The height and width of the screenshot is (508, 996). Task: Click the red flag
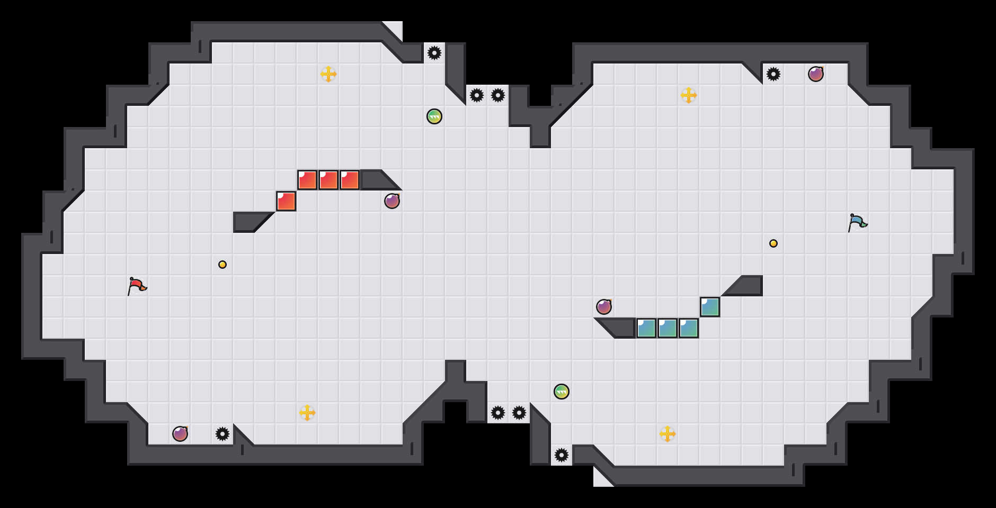(137, 286)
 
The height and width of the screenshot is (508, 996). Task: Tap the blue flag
(857, 222)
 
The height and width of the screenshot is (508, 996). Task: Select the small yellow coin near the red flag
(223, 265)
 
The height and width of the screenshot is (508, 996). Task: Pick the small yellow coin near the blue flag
(773, 243)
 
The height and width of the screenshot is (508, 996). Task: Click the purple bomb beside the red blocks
(392, 201)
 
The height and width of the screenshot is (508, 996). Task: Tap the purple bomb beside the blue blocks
(604, 307)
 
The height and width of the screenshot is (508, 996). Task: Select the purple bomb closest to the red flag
(180, 434)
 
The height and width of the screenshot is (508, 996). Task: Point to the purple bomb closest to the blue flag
(816, 74)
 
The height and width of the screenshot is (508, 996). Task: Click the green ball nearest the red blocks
(434, 116)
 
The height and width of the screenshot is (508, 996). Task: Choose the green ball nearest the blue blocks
(562, 392)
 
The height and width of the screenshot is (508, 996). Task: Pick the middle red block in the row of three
(328, 180)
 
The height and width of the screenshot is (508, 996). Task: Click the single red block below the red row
(286, 201)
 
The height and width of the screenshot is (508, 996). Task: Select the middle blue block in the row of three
(668, 328)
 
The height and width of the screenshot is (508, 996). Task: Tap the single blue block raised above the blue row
(710, 307)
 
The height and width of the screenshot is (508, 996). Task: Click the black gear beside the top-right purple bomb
(773, 74)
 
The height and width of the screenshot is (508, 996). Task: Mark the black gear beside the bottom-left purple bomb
(223, 434)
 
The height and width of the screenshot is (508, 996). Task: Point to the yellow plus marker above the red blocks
(328, 74)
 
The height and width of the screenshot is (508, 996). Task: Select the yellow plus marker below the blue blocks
(668, 434)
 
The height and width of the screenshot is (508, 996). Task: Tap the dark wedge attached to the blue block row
(620, 328)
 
